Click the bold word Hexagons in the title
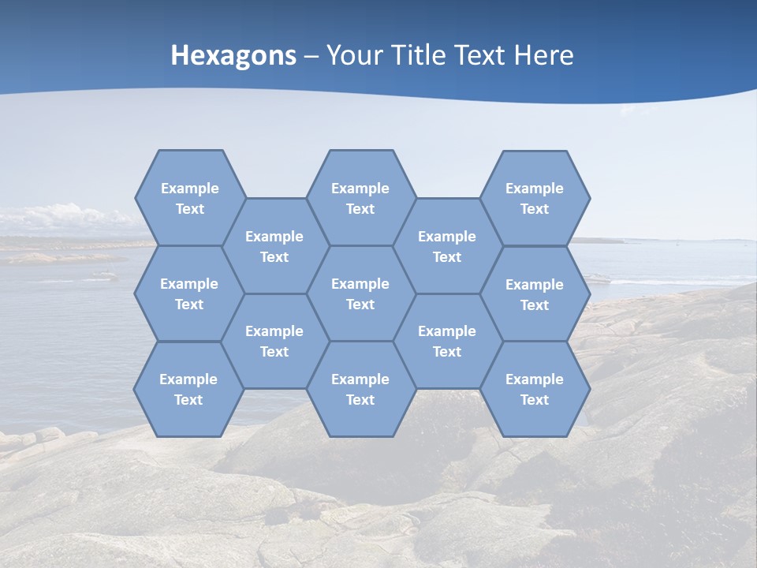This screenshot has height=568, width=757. (x=233, y=55)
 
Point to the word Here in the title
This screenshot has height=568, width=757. (x=543, y=55)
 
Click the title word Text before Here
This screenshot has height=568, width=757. (x=479, y=55)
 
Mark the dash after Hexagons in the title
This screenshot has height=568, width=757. (x=311, y=56)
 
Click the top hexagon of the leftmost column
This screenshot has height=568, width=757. (x=189, y=198)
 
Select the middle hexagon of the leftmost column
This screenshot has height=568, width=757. (x=189, y=293)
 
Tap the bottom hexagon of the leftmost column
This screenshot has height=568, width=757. (x=188, y=389)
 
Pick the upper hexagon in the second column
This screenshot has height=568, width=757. (x=274, y=246)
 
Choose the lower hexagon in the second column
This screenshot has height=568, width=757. (x=274, y=341)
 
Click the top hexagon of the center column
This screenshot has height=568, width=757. (x=360, y=198)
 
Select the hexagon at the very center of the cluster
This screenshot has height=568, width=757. (x=360, y=293)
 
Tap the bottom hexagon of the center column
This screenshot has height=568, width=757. (x=360, y=389)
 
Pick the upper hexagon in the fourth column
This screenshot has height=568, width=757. (x=447, y=246)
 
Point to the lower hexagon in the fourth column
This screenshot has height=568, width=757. (x=447, y=341)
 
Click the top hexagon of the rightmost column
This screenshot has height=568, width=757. (x=535, y=198)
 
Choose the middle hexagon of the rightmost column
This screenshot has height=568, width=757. (x=535, y=294)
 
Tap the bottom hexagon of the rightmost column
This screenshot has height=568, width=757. (x=535, y=389)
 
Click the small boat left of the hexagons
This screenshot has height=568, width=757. (x=103, y=275)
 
